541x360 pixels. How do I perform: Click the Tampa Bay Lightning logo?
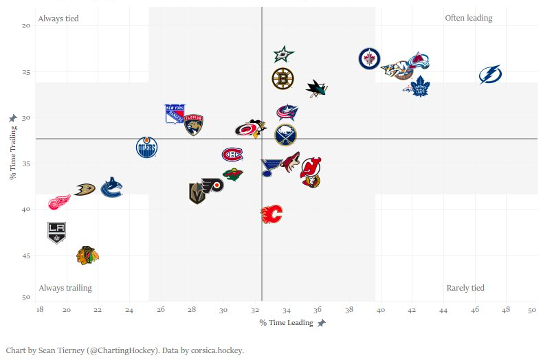pyautogui.click(x=490, y=74)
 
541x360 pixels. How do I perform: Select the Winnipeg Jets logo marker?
pyautogui.click(x=369, y=58)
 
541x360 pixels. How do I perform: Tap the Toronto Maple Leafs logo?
pyautogui.click(x=419, y=87)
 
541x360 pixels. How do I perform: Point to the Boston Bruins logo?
pyautogui.click(x=283, y=79)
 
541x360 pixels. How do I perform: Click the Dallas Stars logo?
pyautogui.click(x=284, y=54)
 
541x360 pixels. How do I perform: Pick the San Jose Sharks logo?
pyautogui.click(x=316, y=88)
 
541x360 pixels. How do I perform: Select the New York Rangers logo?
pyautogui.click(x=175, y=113)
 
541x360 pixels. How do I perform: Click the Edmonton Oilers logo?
pyautogui.click(x=147, y=147)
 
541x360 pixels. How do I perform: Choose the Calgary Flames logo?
pyautogui.click(x=272, y=214)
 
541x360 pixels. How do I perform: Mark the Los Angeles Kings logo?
pyautogui.click(x=56, y=232)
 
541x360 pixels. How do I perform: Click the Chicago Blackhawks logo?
pyautogui.click(x=87, y=256)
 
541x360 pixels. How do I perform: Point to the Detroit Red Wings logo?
pyautogui.click(x=59, y=201)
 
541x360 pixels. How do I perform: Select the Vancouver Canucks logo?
pyautogui.click(x=111, y=187)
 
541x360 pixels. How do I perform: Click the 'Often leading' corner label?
pyautogui.click(x=469, y=18)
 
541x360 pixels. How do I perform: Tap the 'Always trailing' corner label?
pyautogui.click(x=65, y=288)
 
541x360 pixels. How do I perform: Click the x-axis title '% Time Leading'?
pyautogui.click(x=286, y=322)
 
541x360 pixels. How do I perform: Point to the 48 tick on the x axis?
pyautogui.click(x=506, y=311)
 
